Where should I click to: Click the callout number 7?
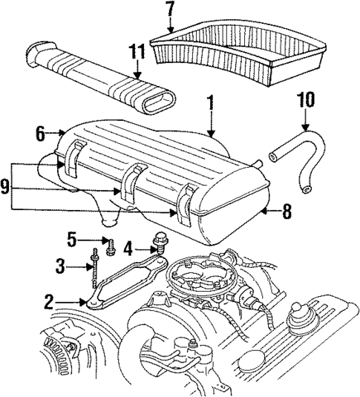coord(171,10)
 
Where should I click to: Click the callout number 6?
coord(41,134)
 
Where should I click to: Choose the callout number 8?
coord(285,211)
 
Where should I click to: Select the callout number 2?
coord(48,301)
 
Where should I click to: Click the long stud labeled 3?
coord(96,271)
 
